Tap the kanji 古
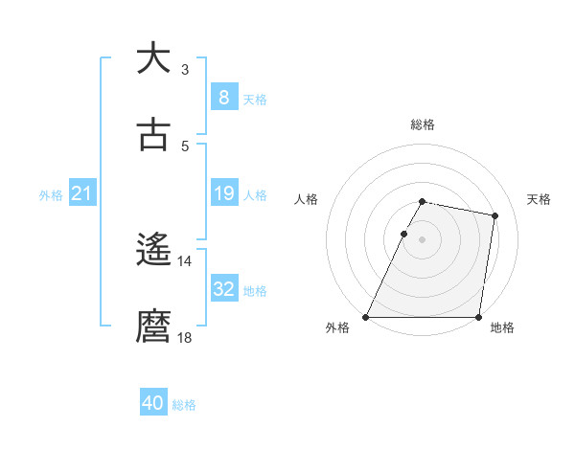tap(153, 135)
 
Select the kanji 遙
tap(153, 250)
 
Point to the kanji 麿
tap(153, 326)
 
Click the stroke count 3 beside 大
tap(185, 70)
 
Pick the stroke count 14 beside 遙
tap(185, 261)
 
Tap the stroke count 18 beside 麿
tap(185, 338)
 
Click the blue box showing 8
tap(223, 97)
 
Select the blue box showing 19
tap(223, 193)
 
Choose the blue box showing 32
tap(223, 289)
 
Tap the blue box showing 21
tap(81, 193)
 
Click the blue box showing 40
tap(153, 403)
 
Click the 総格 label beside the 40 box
tap(184, 405)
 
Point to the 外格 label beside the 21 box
tap(51, 195)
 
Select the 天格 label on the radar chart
tap(539, 199)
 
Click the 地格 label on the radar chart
tap(502, 327)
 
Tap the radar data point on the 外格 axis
tap(366, 316)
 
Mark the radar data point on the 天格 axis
tap(494, 216)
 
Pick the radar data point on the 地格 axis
tap(477, 316)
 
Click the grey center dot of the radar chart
tap(422, 238)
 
